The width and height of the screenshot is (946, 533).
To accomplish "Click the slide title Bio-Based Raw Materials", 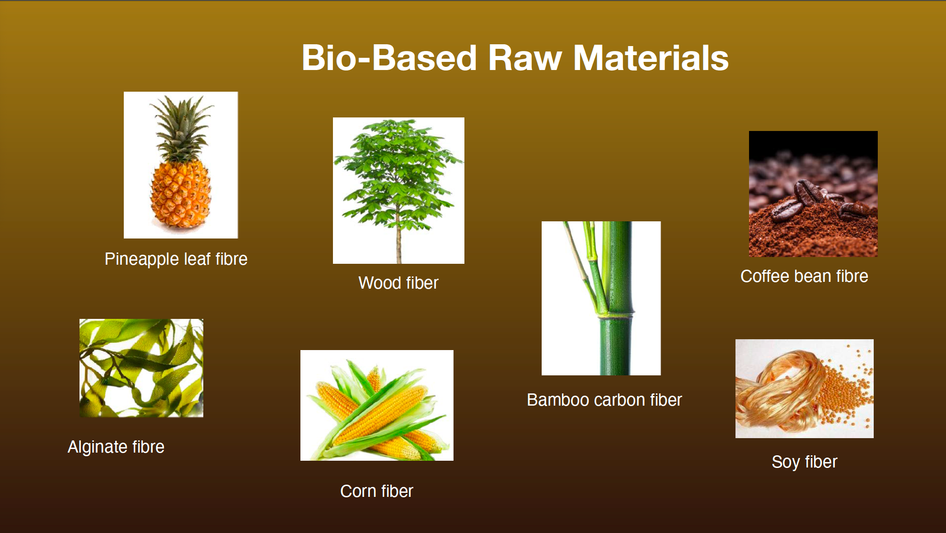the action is [x=515, y=58].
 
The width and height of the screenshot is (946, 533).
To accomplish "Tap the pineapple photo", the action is [x=181, y=165].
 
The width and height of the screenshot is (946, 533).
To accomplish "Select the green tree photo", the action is [x=398, y=191].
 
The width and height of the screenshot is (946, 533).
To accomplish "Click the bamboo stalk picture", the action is [x=601, y=298].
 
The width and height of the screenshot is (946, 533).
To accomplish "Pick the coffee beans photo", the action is [x=813, y=194].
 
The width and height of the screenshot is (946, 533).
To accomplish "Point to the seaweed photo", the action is [x=141, y=368].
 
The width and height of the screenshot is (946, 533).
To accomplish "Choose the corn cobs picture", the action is [x=377, y=405].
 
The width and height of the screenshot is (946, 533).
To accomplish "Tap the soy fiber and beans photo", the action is [x=805, y=388].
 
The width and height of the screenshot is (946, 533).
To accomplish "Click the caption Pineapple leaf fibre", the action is [x=176, y=259].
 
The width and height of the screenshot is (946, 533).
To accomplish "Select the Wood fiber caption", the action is [x=398, y=283].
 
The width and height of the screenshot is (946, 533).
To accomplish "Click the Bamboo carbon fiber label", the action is [x=604, y=400].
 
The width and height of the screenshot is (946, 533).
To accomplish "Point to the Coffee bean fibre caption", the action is [x=804, y=276].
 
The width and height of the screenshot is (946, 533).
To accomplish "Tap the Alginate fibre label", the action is [x=116, y=447].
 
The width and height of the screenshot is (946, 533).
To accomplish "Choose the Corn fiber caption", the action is [x=377, y=491].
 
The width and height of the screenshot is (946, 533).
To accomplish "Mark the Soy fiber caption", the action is [x=805, y=462].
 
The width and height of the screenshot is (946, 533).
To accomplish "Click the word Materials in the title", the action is [x=651, y=58].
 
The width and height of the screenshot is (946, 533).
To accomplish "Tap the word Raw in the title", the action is [x=525, y=58].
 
